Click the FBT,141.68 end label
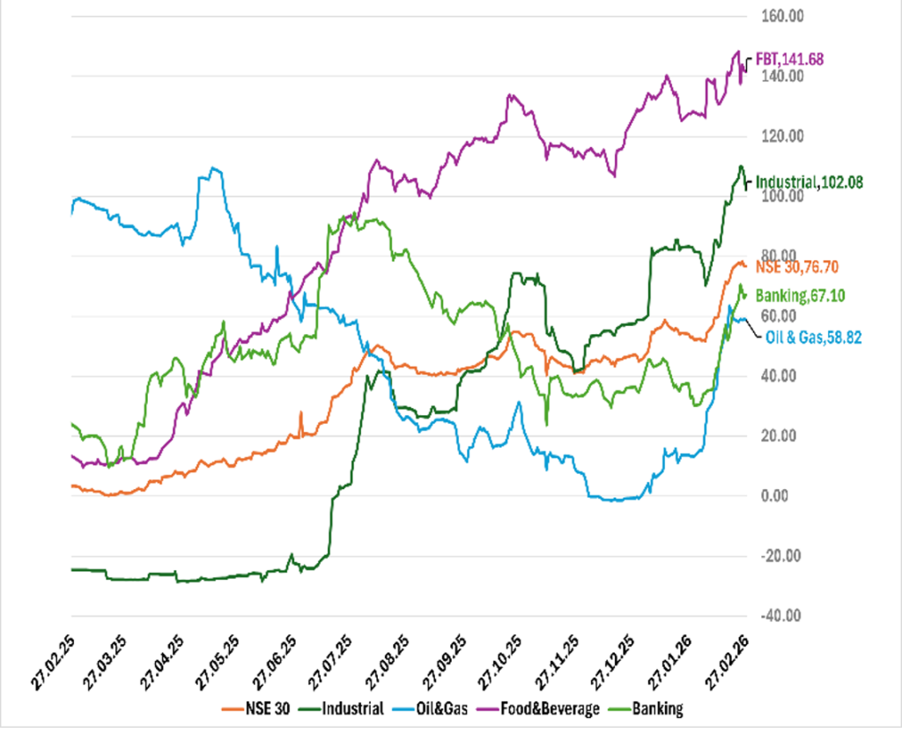click(791, 60)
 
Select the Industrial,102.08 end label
click(810, 182)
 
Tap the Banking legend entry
click(657, 708)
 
